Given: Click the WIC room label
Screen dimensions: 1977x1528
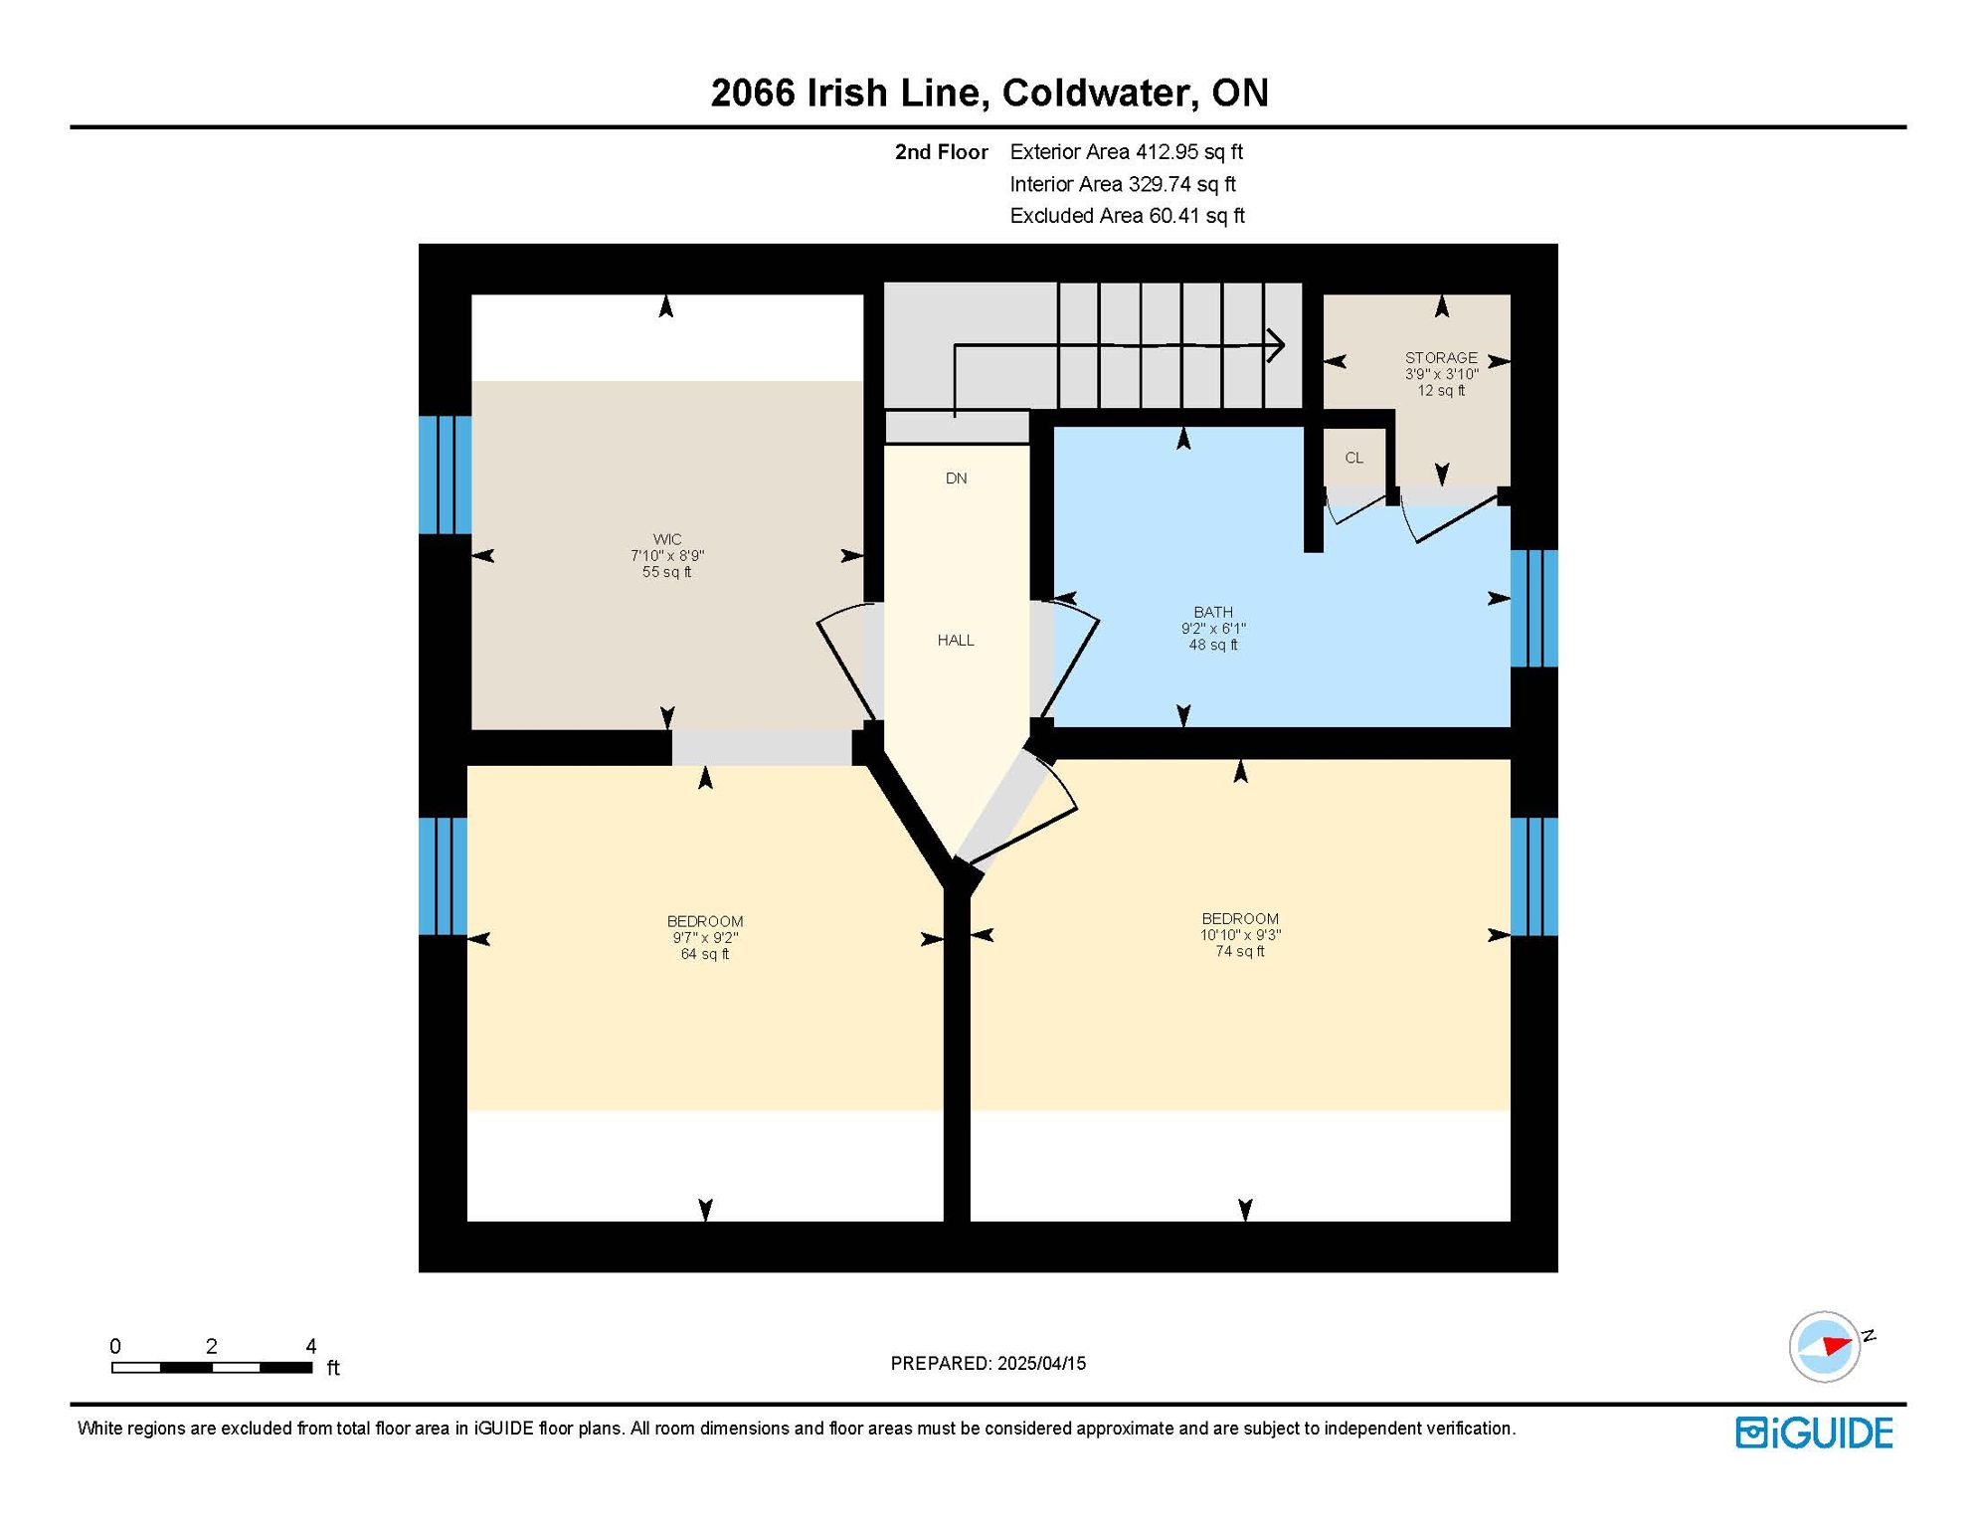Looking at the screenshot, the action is click(x=667, y=539).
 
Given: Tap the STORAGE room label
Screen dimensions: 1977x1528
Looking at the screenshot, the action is click(x=1441, y=358).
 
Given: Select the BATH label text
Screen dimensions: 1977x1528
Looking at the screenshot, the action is click(x=1213, y=613).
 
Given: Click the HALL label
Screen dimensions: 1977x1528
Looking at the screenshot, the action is click(x=956, y=641).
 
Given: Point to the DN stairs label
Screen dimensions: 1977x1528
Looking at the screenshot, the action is click(x=956, y=478).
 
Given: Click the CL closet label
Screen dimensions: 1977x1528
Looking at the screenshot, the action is click(x=1353, y=458).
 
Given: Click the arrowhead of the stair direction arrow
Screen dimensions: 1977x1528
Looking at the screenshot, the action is click(x=1277, y=346).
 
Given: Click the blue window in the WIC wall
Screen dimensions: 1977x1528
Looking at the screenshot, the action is click(x=445, y=475).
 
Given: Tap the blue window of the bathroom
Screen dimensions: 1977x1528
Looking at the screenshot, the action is click(x=1534, y=608).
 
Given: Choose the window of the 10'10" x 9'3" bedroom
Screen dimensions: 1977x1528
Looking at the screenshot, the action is click(x=1534, y=876).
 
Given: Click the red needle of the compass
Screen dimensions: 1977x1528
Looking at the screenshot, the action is click(x=1837, y=1346).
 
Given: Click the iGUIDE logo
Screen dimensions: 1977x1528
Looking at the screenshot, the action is click(x=1815, y=1432).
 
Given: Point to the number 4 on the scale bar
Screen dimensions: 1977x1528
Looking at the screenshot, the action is click(x=310, y=1346).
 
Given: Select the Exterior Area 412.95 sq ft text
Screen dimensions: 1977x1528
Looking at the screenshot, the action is click(x=1127, y=152).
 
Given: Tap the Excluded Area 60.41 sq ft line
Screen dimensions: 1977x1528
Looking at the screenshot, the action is click(x=1127, y=216).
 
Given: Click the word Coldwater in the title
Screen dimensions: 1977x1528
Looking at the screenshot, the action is click(x=1095, y=94).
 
